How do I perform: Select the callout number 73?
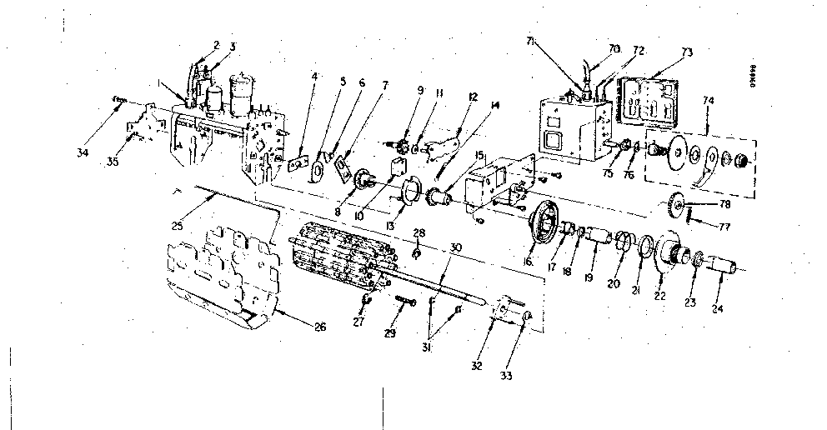tap(686, 52)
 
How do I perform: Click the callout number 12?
tap(473, 97)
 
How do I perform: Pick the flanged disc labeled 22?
tap(667, 249)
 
